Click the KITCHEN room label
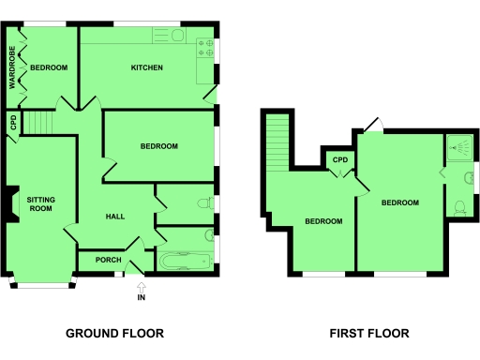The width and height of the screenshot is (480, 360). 147,67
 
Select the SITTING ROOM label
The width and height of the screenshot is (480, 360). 40,203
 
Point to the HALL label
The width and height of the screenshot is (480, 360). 115,217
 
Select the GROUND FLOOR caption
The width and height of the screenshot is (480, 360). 114,333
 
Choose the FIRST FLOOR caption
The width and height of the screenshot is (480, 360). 368,333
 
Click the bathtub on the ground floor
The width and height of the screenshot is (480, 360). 184,262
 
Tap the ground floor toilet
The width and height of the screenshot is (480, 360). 202,202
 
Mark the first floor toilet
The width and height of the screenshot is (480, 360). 459,207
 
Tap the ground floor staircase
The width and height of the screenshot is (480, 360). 38,122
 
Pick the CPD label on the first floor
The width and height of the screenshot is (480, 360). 341,160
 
